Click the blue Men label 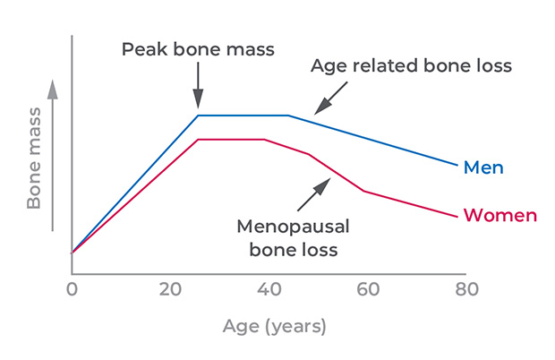482,167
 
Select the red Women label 499,216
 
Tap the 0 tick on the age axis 72,288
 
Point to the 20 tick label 169,288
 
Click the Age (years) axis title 274,326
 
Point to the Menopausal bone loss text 293,236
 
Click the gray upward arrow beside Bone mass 53,152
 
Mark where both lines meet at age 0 72,253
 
